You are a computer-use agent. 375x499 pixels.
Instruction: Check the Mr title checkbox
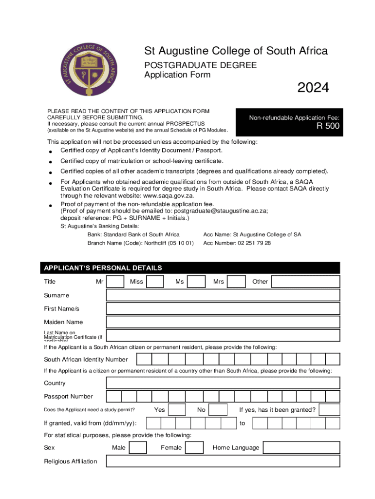coord(115,282)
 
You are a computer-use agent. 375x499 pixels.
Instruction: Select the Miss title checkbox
coord(155,282)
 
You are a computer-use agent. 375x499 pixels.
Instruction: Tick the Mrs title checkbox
coord(237,282)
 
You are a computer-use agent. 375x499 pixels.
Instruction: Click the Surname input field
coord(223,295)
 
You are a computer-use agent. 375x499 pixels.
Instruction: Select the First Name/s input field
coord(223,309)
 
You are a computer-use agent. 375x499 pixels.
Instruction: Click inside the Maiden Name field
coord(223,322)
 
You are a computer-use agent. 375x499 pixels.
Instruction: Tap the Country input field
coord(223,383)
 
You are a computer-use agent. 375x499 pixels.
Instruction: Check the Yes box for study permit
coord(177,410)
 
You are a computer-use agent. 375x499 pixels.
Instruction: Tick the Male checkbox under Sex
coord(138,448)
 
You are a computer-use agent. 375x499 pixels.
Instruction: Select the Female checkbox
coord(195,448)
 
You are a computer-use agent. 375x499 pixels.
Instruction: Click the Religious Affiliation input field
coord(223,461)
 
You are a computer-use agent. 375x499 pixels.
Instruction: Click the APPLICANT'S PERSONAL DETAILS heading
coord(103,268)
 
